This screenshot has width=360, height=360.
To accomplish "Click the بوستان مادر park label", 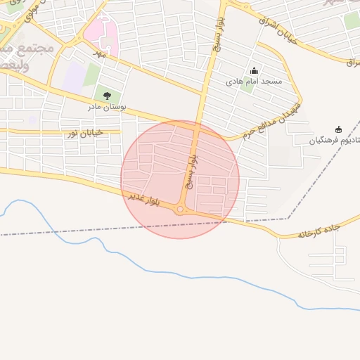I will point(106,107).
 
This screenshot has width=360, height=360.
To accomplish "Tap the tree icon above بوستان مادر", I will point(107,96).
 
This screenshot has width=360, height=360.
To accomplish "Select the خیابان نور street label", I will point(84,132).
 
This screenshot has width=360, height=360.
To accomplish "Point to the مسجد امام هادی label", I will point(254,82).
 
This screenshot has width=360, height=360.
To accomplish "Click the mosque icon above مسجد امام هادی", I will point(254,70).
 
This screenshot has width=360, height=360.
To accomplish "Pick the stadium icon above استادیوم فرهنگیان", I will point(338,129).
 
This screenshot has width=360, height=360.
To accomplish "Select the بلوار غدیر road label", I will point(144,199).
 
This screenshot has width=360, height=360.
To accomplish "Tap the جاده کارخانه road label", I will point(319,230).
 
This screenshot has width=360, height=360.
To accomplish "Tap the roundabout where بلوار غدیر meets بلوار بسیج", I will point(181,210).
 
